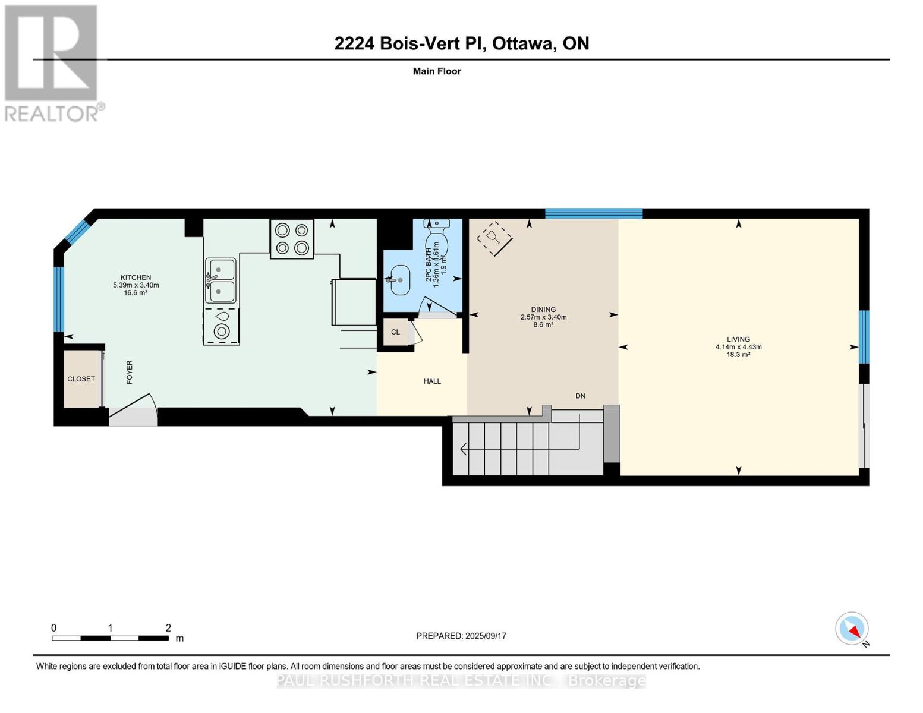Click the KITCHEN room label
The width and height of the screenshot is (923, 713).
tap(136, 277)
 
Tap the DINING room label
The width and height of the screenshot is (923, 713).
tap(543, 310)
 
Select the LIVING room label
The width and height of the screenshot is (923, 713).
tap(738, 339)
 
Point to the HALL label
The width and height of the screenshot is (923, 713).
tap(432, 381)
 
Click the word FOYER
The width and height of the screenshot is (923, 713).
tap(130, 372)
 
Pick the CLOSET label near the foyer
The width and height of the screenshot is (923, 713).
tap(81, 379)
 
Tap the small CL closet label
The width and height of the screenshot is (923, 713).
tap(395, 332)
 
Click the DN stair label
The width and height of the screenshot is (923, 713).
tap(580, 396)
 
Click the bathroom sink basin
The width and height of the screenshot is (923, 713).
tap(400, 280)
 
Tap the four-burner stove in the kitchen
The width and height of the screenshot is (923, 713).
tap(292, 239)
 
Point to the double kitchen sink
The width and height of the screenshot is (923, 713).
tap(220, 280)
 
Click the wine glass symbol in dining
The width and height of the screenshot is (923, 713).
tap(494, 239)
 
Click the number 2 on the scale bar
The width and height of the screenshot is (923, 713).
tap(168, 627)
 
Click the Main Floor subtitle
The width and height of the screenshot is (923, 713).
tap(437, 71)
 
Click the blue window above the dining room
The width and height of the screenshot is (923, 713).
tap(593, 213)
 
